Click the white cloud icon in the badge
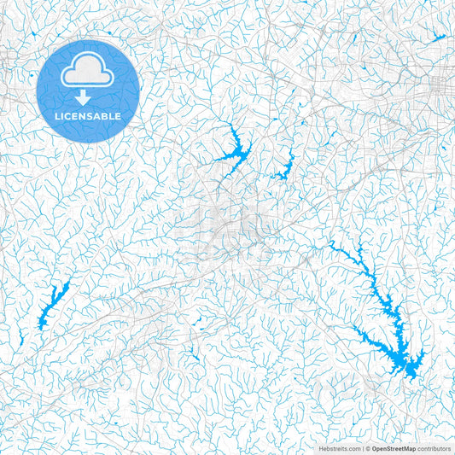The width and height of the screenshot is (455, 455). tap(88, 73)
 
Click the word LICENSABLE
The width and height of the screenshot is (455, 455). tap(88, 115)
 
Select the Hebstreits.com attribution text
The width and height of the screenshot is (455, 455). tap(339, 447)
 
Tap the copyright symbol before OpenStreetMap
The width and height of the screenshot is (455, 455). tap(365, 447)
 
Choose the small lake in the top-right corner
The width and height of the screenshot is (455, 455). tap(438, 38)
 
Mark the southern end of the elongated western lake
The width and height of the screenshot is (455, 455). tap(42, 324)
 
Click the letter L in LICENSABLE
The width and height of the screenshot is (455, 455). tap(56, 115)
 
